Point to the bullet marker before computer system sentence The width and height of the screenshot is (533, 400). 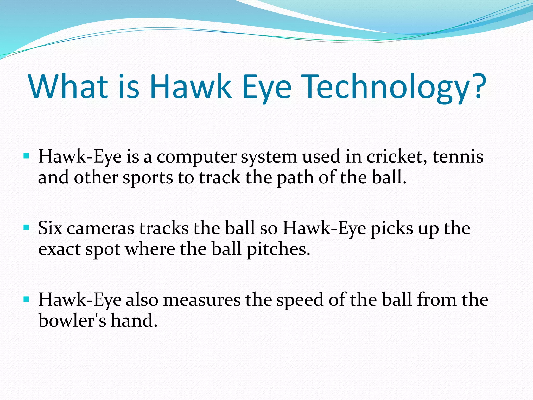coord(26,156)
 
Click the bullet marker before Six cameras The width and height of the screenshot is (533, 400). coord(26,228)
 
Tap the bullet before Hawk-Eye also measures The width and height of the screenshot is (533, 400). coord(26,299)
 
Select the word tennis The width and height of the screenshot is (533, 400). coord(458,157)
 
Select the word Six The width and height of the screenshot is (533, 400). coord(50,228)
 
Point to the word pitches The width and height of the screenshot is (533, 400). coord(278,249)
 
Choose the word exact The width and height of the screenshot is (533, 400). coord(59,249)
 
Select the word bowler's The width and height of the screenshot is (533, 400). coord(72,320)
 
